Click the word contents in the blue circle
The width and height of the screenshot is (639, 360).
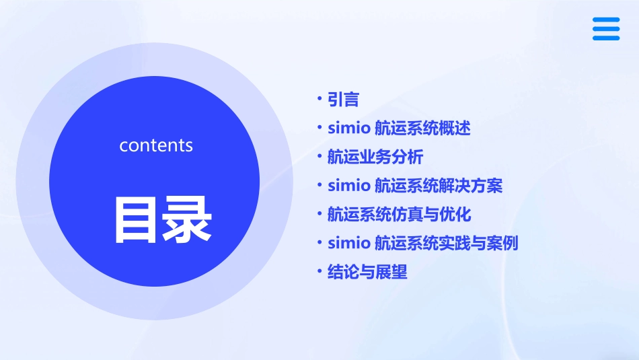pos(156,145)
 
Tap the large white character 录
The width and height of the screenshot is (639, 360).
pos(186,219)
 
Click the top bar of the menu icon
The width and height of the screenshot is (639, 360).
pos(605,20)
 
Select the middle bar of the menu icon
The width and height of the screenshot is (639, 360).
pos(605,29)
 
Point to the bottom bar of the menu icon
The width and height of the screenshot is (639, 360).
pos(605,38)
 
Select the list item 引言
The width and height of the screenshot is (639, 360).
pos(343,100)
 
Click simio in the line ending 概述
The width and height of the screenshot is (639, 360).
pos(348,129)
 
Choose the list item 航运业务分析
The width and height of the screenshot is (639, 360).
pos(375,157)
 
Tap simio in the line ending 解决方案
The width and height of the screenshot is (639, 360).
pos(348,186)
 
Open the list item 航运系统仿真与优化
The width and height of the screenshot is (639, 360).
pos(399,215)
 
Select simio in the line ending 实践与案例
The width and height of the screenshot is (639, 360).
pos(348,243)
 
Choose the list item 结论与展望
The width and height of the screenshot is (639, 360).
pos(367,272)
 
